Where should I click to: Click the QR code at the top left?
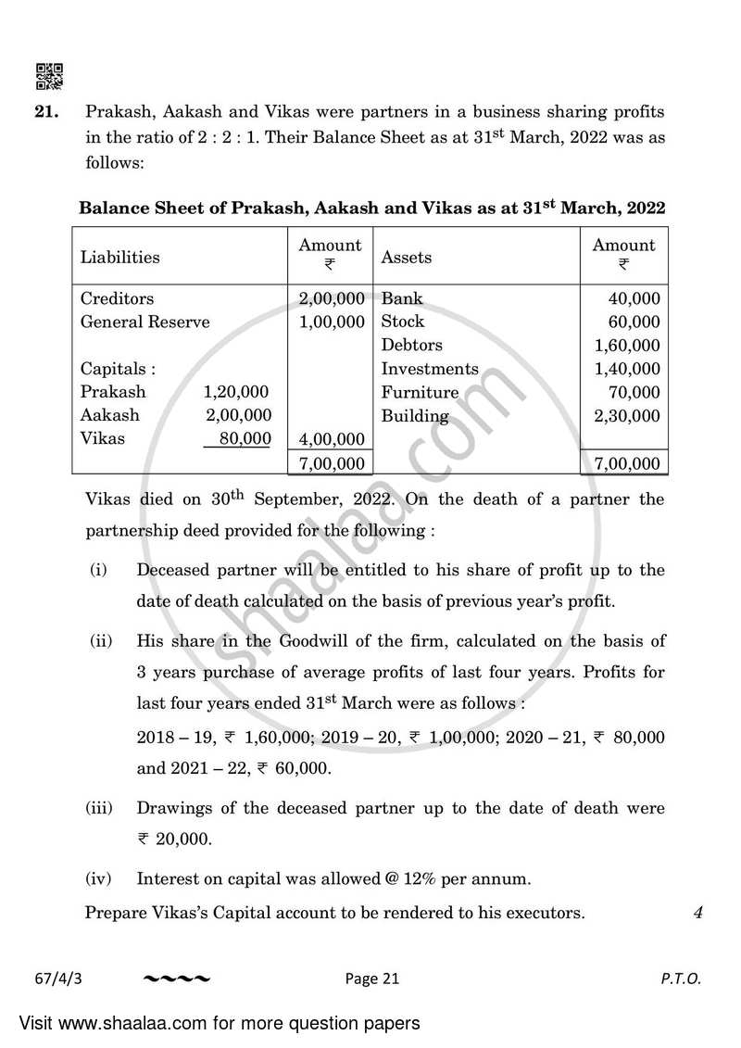(x=49, y=77)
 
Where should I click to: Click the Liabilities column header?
(x=119, y=257)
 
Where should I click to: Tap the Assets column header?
(x=407, y=257)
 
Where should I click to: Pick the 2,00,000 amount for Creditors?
(x=331, y=298)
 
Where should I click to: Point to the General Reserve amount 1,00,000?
(x=331, y=322)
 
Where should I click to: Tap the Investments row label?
(x=430, y=369)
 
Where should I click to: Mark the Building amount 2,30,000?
(x=627, y=416)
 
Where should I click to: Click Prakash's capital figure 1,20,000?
(x=237, y=393)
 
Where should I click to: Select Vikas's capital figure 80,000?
(x=245, y=439)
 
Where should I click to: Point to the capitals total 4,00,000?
(x=331, y=439)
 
